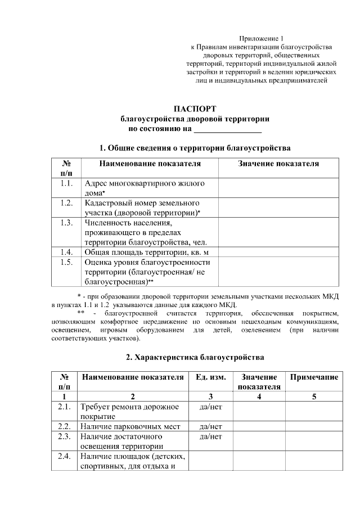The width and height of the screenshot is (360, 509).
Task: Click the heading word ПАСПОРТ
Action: click(195, 109)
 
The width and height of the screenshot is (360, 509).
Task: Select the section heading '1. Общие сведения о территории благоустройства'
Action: click(195, 148)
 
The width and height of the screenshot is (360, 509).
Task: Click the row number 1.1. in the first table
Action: click(66, 183)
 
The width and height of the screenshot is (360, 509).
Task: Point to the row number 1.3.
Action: click(66, 222)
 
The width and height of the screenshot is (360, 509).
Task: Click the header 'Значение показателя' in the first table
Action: click(278, 164)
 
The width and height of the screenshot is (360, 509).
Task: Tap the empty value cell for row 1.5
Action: click(278, 272)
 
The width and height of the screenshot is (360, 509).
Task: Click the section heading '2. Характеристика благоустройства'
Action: click(195, 357)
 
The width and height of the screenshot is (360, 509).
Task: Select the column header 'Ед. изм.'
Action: click(210, 377)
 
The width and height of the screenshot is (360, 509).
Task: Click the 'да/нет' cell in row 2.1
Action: click(210, 407)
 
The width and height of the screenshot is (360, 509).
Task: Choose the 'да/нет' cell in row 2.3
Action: click(210, 436)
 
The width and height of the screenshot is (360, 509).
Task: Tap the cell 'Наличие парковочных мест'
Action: click(130, 426)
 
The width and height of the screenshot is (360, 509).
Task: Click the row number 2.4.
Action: click(64, 456)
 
